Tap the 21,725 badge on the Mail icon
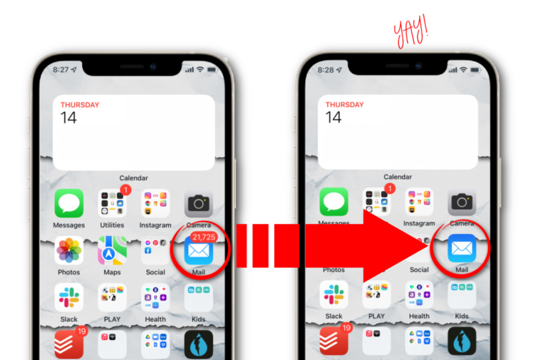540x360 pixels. (x=203, y=237)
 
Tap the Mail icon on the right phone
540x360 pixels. (x=461, y=248)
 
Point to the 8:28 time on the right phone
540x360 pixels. (x=325, y=70)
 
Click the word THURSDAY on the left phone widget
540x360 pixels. (x=80, y=105)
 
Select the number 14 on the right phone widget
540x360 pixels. (x=334, y=117)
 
